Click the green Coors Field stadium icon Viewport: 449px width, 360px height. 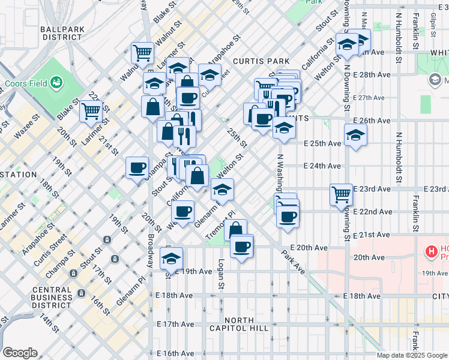(57, 82)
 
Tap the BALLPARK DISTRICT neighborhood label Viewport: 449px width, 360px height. (62, 32)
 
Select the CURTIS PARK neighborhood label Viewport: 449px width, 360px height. (261, 61)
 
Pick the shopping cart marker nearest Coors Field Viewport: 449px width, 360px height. (91, 110)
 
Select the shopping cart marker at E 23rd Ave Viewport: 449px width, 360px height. (341, 194)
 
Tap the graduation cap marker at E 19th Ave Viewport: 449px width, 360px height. (172, 259)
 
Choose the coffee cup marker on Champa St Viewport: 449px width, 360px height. (137, 167)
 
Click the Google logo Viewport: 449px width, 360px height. (19, 353)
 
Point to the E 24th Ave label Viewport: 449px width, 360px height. (322, 166)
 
